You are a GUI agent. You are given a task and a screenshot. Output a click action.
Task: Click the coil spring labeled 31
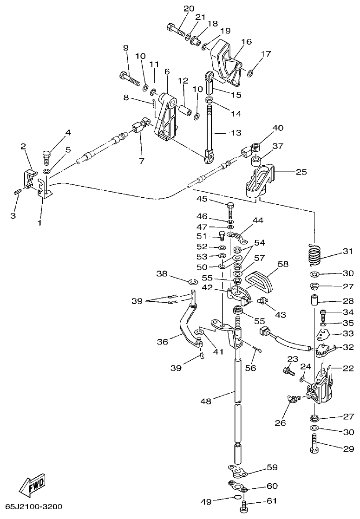[314, 254]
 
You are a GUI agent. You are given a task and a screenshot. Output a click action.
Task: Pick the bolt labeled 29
[314, 444]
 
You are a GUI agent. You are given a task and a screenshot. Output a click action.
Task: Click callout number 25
[301, 171]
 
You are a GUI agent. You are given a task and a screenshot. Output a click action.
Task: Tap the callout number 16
[246, 41]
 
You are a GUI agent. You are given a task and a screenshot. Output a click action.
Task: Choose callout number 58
[283, 265]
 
